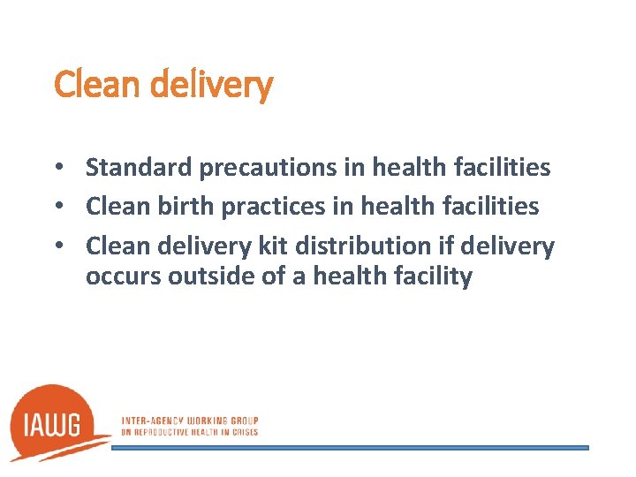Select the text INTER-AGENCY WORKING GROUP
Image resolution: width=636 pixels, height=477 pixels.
[189, 421]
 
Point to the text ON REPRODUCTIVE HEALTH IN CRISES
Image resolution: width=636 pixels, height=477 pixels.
[189, 432]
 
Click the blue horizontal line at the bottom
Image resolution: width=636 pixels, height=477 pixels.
[349, 448]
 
